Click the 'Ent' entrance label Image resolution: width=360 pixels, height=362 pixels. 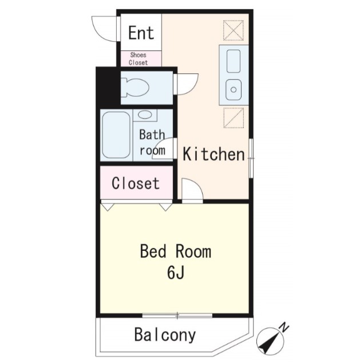[x=141, y=33]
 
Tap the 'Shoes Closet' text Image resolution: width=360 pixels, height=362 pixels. [x=138, y=58]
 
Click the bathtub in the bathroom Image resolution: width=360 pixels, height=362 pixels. [x=116, y=135]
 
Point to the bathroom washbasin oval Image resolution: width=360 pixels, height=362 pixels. [x=145, y=115]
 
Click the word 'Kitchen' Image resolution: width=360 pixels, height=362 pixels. [x=213, y=154]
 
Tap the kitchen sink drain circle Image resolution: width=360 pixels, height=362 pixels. [x=234, y=89]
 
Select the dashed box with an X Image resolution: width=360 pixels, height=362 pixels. [x=234, y=30]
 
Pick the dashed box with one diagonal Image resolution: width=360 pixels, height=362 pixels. [x=234, y=118]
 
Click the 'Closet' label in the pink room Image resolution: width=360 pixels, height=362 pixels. [x=136, y=183]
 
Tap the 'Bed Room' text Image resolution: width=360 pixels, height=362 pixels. [x=176, y=251]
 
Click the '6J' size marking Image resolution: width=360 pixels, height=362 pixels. [x=176, y=273]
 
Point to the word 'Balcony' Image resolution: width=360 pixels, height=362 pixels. [x=165, y=335]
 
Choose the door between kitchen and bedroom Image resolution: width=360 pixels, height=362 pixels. [x=192, y=191]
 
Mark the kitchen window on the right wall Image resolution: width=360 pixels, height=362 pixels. [x=251, y=158]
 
